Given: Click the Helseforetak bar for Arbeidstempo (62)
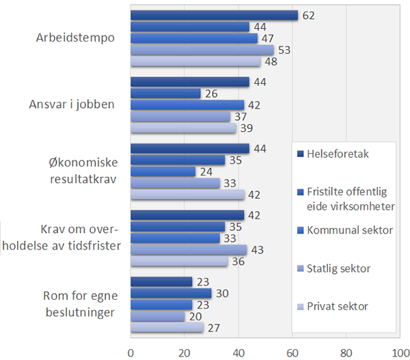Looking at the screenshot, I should pos(214,16).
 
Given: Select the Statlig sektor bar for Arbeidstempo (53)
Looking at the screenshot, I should pos(202,50).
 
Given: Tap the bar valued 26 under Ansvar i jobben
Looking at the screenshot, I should pos(165,93).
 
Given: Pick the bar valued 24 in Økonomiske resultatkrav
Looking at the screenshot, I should pos(163,171).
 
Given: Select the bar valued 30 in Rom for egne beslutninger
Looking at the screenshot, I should pos(171,293).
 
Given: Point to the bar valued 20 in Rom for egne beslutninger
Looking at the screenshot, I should pos(157,316).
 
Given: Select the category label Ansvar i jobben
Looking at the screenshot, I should pos(71,105).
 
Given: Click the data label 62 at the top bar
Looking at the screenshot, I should pos(309,15).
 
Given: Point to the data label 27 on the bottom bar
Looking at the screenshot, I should pos(214,329).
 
